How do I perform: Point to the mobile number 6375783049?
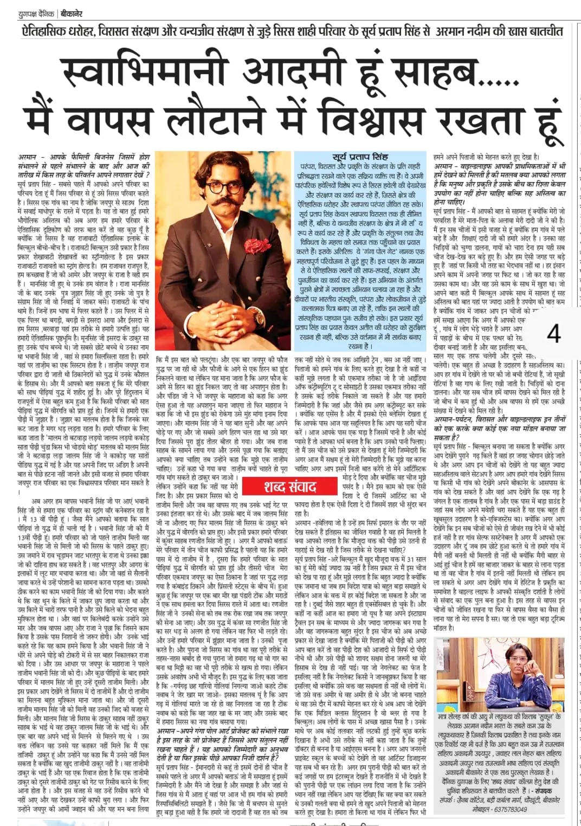click(507, 809)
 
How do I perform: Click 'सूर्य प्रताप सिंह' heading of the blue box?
click(360, 157)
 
